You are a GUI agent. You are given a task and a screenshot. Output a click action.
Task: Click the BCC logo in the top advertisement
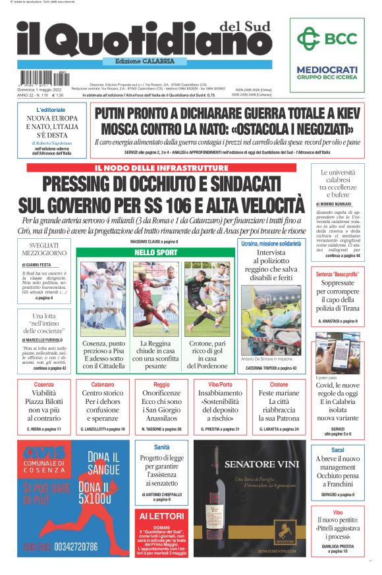pos(327,37)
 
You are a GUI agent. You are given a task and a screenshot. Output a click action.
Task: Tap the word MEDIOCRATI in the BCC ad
pos(327,69)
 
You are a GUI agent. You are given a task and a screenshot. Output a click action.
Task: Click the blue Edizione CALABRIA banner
pos(140,61)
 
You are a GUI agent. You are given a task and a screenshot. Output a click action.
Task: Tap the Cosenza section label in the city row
pos(43,384)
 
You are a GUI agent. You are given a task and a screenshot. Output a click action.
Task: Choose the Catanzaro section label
pos(102,384)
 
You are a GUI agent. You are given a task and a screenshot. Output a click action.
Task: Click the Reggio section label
pos(161,384)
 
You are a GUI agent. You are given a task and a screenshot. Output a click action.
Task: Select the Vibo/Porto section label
pos(220,384)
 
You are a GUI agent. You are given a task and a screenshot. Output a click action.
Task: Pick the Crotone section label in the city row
pos(279,384)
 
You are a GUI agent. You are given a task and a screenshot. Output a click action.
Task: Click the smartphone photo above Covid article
pos(337,353)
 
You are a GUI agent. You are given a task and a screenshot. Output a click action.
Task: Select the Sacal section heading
pos(337,449)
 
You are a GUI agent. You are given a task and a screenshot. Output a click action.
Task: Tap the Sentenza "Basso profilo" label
pos(337,273)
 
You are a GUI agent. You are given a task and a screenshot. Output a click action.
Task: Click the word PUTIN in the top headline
pos(121,113)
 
